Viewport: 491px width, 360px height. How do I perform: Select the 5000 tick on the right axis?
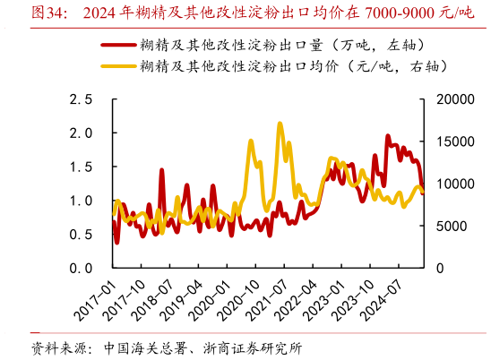click(x=452, y=226)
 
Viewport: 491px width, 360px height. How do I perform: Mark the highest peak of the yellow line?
click(x=280, y=124)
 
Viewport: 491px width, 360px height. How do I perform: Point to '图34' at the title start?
click(x=47, y=13)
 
